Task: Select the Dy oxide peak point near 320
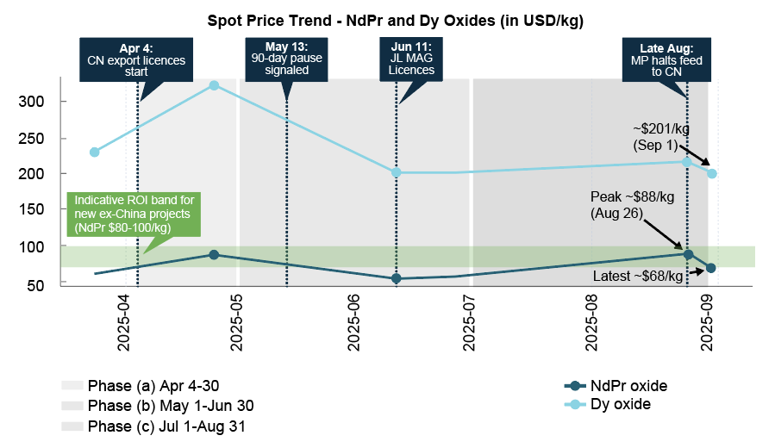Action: click(x=214, y=85)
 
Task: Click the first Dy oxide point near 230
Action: click(x=94, y=152)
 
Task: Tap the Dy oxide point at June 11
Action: click(x=396, y=172)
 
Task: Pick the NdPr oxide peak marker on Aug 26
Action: click(x=687, y=254)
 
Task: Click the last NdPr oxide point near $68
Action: click(x=710, y=268)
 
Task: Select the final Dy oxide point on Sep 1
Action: click(x=711, y=173)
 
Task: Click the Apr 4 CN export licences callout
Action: click(x=136, y=59)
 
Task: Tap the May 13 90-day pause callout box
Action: click(x=286, y=59)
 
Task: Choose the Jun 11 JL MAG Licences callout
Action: click(x=411, y=59)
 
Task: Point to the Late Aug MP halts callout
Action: click(x=670, y=59)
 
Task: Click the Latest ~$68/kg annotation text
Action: click(x=639, y=277)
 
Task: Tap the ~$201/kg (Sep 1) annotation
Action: click(x=661, y=135)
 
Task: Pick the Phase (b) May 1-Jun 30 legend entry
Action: click(x=158, y=406)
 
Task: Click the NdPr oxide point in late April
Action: click(x=214, y=255)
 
